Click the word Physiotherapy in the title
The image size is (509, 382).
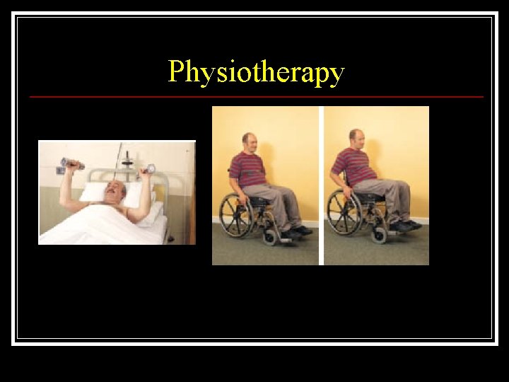pos(255,72)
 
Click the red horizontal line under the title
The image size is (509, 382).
pos(256,97)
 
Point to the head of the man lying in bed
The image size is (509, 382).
pos(115,189)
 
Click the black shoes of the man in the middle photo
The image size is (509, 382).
pos(296,232)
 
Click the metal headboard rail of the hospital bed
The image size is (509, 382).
pos(127,173)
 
